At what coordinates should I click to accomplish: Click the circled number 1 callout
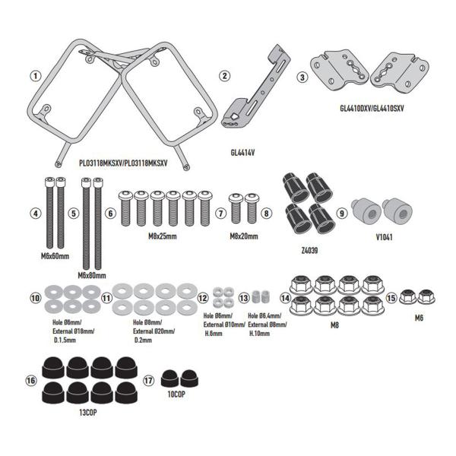36,76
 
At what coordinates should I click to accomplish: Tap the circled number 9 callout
342,213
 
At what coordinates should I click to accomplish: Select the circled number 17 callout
148,381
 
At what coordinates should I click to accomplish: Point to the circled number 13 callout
244,298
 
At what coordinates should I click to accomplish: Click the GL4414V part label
242,153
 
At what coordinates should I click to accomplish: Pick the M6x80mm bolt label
92,275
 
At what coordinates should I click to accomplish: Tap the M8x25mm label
163,236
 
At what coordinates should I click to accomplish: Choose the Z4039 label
309,250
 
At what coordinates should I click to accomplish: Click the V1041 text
384,237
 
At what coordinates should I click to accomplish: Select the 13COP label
88,413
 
